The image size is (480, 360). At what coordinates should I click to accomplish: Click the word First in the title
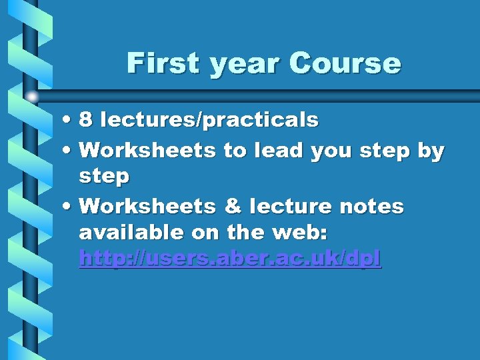[163, 64]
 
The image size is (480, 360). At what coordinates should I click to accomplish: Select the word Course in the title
[345, 64]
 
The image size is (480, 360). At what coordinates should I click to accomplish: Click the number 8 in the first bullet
[85, 120]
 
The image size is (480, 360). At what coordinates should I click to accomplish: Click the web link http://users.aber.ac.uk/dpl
[230, 258]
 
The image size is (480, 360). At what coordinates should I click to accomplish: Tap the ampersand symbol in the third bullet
[233, 207]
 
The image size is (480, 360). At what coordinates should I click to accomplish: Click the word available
[131, 233]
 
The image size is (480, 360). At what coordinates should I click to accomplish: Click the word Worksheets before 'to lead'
[147, 151]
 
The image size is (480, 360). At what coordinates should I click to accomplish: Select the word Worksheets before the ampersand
[147, 207]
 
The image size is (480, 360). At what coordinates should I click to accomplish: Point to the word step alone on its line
[104, 177]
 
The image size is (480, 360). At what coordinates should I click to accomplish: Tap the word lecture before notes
[290, 207]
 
